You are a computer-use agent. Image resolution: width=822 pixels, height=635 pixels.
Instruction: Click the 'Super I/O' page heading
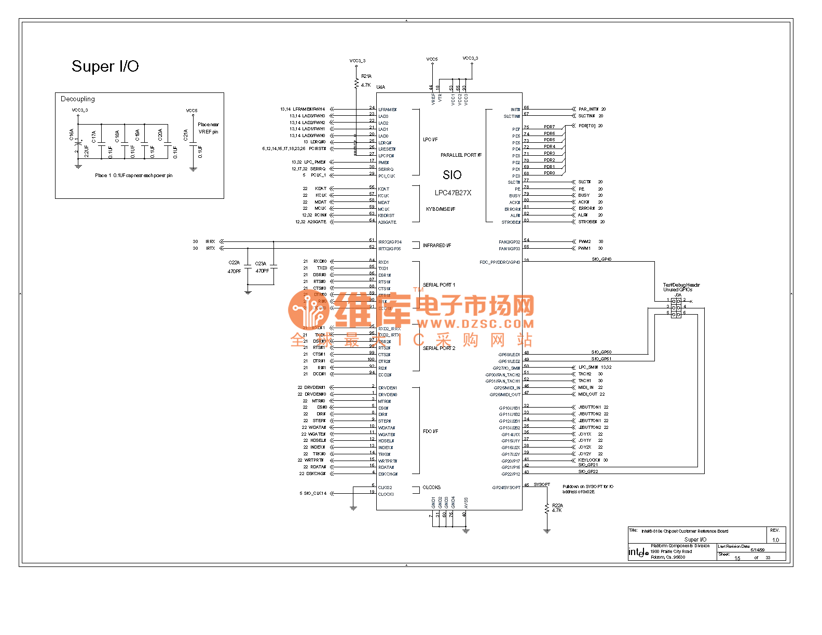pos(105,66)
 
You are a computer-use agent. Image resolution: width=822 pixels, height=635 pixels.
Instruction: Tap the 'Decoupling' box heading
pos(78,99)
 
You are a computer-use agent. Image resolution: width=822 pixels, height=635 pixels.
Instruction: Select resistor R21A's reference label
pos(366,76)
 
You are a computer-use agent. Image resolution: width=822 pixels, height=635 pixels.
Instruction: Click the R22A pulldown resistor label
pos(557,505)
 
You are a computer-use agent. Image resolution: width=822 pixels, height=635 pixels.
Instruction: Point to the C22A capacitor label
pos(234,263)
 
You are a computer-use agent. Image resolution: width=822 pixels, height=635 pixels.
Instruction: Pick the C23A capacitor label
pos(261,264)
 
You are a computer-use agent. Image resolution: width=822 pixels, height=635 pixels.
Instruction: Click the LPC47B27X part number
pos(453,193)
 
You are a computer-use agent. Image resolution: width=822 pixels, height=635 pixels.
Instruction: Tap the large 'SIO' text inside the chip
pos(452,175)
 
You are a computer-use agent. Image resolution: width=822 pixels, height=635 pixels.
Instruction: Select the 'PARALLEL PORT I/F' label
pos(461,155)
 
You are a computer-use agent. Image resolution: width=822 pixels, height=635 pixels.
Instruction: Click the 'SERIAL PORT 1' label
pos(439,285)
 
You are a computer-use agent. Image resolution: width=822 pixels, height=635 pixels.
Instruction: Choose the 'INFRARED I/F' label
pos(437,246)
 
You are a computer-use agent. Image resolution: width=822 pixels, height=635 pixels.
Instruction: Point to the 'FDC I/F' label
pos(431,431)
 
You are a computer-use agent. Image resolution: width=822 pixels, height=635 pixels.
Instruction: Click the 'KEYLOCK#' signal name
pos(589,460)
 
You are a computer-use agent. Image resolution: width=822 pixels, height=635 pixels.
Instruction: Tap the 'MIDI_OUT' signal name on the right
pos(588,394)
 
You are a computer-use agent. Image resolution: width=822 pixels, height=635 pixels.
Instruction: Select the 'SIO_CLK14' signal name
pos(315,493)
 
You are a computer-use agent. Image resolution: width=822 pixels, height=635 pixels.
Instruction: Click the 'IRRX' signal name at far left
pos(210,241)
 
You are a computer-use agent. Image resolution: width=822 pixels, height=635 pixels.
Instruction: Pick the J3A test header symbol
pos(676,307)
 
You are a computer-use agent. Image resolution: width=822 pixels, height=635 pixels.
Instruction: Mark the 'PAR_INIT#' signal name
pos(588,110)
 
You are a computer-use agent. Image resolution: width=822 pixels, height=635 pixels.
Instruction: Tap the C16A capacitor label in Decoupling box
pos(72,135)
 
